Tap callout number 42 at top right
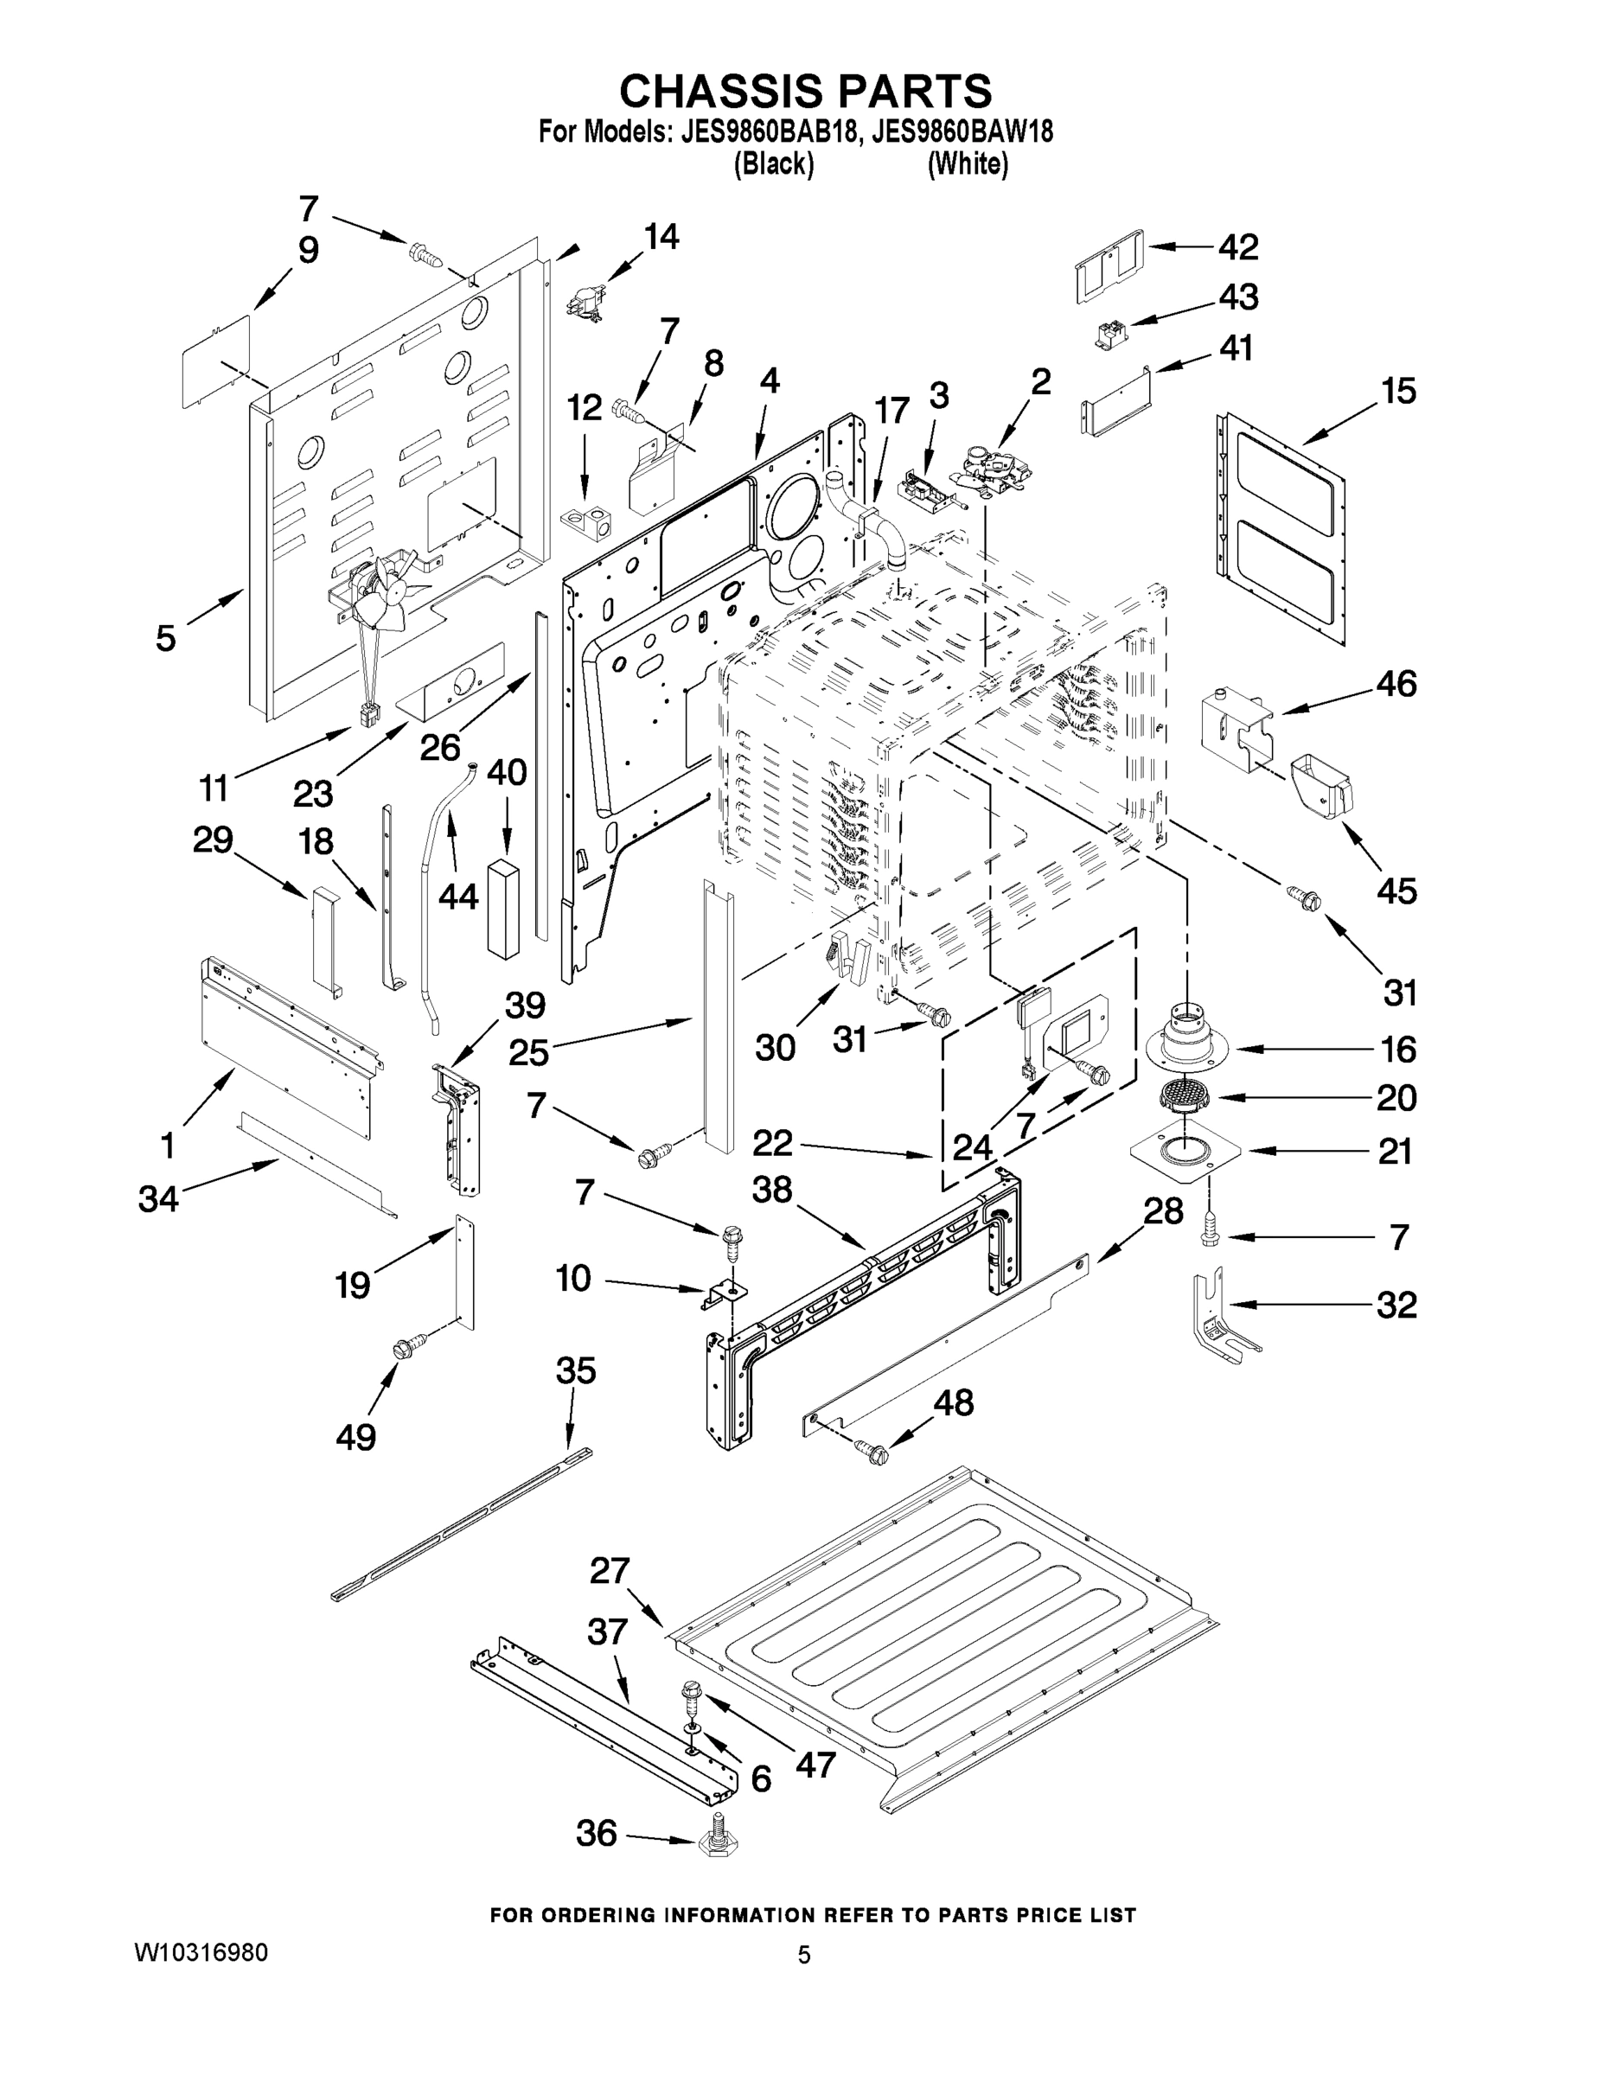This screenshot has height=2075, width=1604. (1238, 247)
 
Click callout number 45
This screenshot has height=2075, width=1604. (1396, 891)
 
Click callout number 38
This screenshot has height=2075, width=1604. (771, 1189)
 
